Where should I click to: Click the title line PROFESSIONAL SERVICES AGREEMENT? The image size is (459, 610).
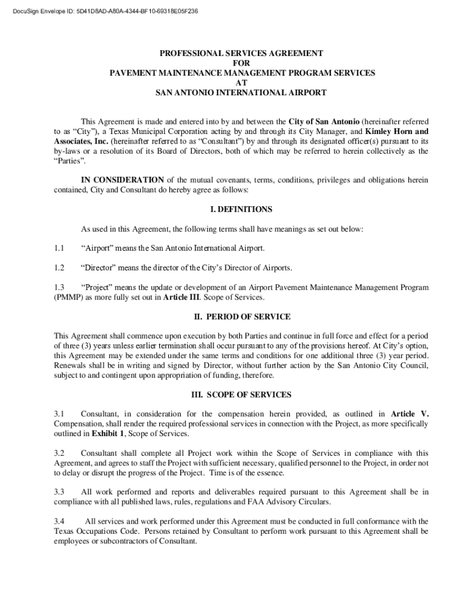[x=241, y=53]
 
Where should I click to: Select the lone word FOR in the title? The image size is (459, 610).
[x=241, y=63]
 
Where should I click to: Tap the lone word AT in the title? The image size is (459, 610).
[x=241, y=83]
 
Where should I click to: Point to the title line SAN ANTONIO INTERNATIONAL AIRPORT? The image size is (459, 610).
[x=241, y=93]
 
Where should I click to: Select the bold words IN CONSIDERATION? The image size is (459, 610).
[x=122, y=180]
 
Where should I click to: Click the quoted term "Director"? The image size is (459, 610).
[x=98, y=267]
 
